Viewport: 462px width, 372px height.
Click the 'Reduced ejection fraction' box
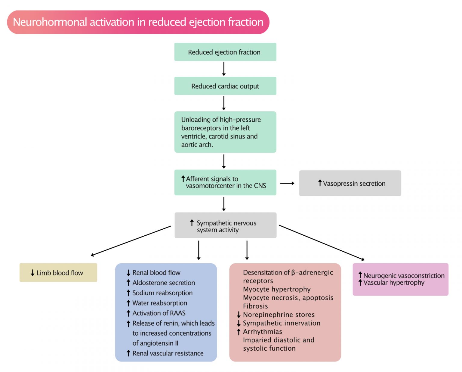point(225,52)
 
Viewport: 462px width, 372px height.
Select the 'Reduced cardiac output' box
point(225,86)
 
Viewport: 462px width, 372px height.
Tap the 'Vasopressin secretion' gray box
point(350,183)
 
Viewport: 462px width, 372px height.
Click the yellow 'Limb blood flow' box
point(58,273)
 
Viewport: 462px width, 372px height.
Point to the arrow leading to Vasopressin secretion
point(287,183)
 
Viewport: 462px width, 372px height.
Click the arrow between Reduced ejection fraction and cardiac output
point(224,69)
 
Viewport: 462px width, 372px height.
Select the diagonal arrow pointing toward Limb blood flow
point(131,241)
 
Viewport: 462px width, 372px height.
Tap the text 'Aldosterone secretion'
point(164,283)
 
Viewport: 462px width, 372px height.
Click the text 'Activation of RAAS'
point(159,313)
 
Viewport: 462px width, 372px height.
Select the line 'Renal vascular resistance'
point(168,353)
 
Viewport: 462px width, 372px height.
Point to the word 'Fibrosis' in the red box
point(255,306)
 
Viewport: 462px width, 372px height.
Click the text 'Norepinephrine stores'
point(279,315)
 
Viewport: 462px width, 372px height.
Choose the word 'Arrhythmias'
point(263,331)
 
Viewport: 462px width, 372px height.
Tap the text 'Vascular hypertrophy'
point(394,283)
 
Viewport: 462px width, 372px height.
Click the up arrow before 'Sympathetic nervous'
point(192,223)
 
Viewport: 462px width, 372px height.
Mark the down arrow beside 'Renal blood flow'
point(128,273)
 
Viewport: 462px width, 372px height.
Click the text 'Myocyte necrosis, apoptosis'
point(288,298)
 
